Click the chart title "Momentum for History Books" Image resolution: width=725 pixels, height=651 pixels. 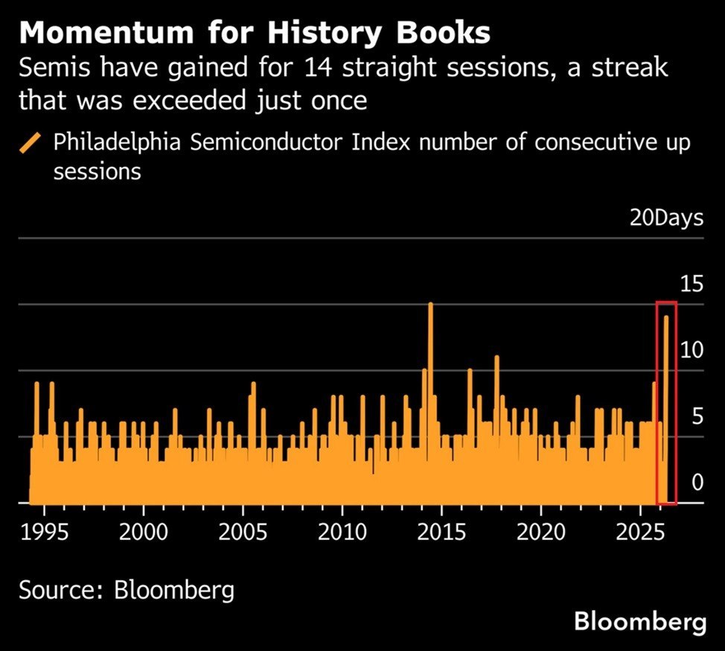pyautogui.click(x=255, y=34)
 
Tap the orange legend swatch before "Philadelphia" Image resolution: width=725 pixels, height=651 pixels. pyautogui.click(x=31, y=142)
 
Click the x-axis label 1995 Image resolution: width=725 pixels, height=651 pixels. pyautogui.click(x=43, y=533)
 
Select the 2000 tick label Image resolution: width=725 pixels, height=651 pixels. pyautogui.click(x=143, y=533)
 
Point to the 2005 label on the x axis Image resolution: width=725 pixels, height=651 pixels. pyautogui.click(x=242, y=533)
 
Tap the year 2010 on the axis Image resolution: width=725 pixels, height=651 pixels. pyautogui.click(x=342, y=533)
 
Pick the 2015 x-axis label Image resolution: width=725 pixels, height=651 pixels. pyautogui.click(x=441, y=533)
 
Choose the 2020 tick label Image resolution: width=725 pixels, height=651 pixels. pyautogui.click(x=540, y=533)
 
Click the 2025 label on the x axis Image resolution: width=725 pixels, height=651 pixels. pyautogui.click(x=640, y=533)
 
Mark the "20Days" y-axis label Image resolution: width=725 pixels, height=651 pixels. pyautogui.click(x=667, y=218)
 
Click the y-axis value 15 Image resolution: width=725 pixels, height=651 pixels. pyautogui.click(x=692, y=284)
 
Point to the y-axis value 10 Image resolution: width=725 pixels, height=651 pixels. pyautogui.click(x=692, y=349)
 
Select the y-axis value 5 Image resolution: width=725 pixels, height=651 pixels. pyautogui.click(x=697, y=416)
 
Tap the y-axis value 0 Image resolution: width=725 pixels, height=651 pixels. pyautogui.click(x=697, y=482)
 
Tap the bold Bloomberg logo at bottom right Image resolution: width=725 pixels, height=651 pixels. pyautogui.click(x=640, y=622)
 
